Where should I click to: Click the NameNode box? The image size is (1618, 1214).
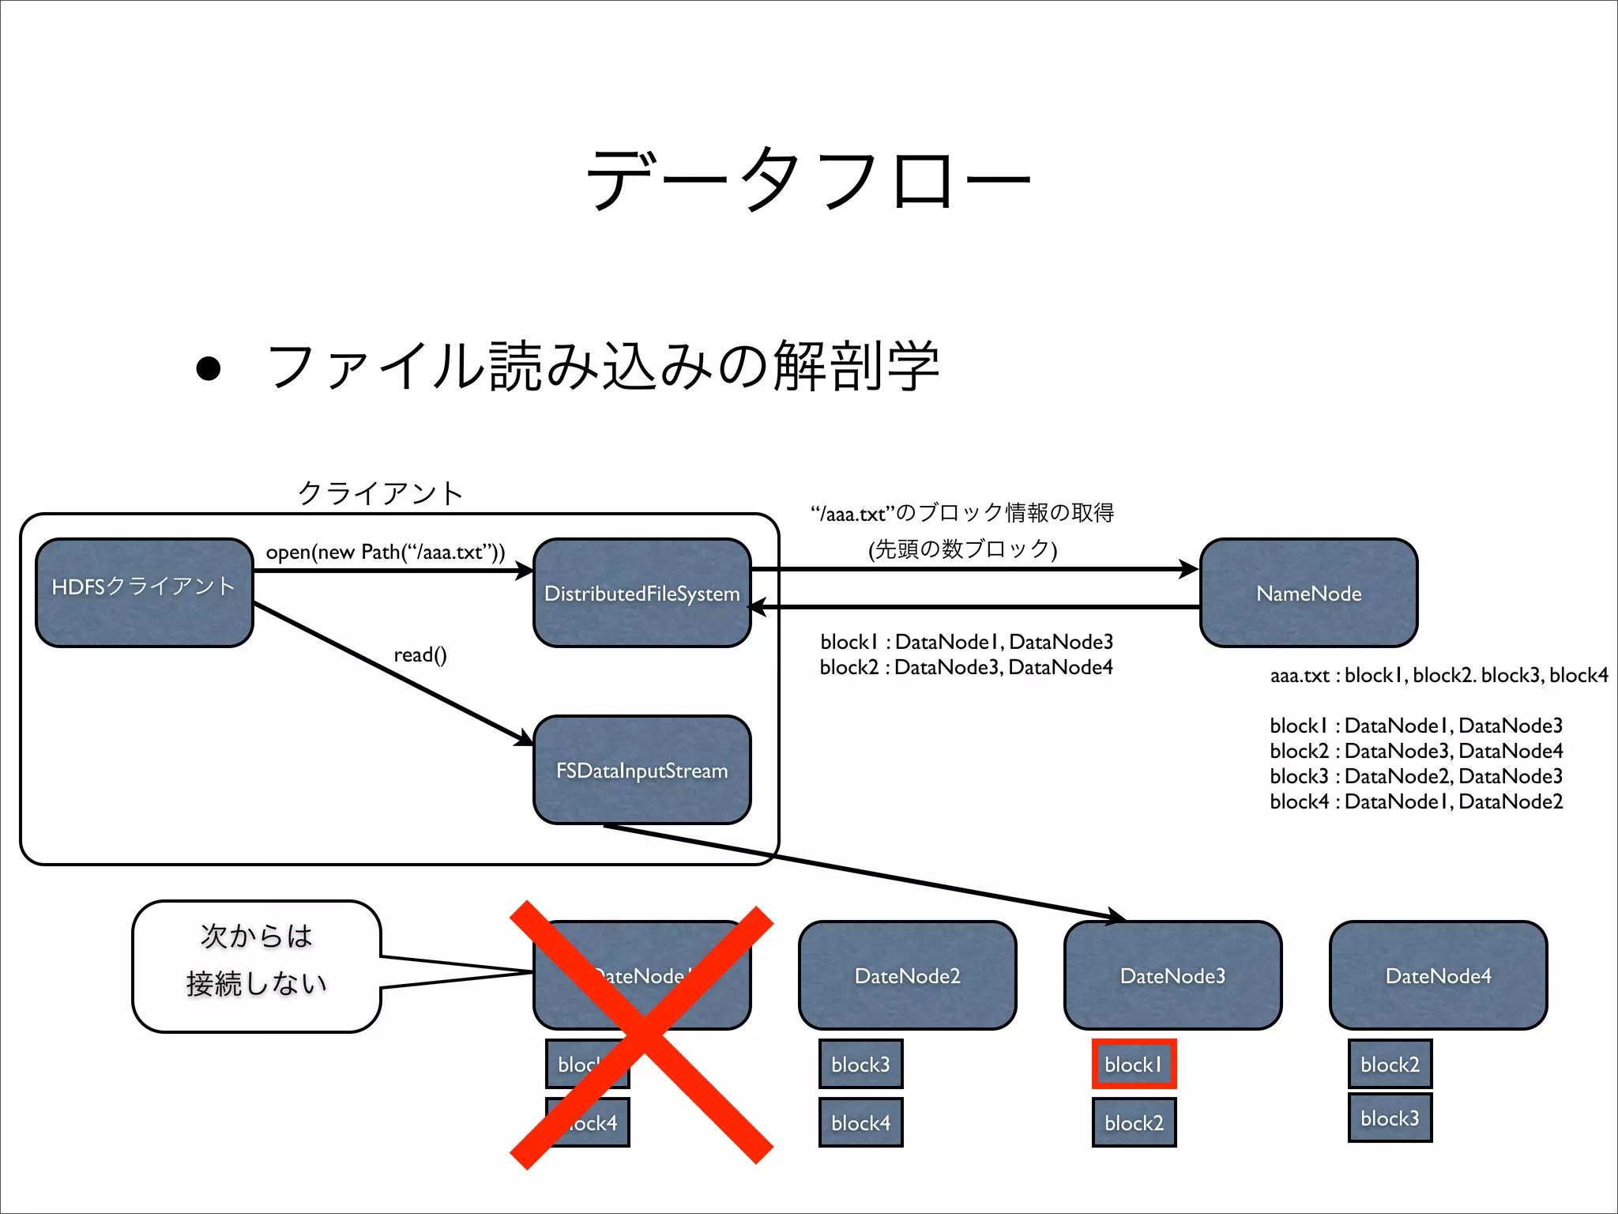(x=1308, y=593)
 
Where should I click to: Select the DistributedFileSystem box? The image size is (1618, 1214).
(x=642, y=593)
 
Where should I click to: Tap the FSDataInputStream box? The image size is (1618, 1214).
(x=642, y=770)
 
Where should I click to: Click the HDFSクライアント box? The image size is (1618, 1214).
(x=144, y=593)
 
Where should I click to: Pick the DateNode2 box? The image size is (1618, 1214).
(x=907, y=975)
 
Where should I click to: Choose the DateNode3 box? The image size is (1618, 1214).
(x=1172, y=975)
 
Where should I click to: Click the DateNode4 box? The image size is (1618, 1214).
(x=1438, y=975)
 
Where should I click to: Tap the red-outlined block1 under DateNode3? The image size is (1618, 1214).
(x=1134, y=1064)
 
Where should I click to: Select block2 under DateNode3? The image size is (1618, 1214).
(x=1134, y=1122)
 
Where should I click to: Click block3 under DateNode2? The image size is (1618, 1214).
(x=860, y=1064)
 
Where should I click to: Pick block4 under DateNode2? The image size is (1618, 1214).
(x=860, y=1122)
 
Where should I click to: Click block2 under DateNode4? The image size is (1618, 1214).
(x=1390, y=1064)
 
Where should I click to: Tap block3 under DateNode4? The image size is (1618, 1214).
(x=1390, y=1118)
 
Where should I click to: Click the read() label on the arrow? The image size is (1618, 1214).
(x=420, y=654)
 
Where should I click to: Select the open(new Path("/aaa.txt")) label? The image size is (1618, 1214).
(x=385, y=552)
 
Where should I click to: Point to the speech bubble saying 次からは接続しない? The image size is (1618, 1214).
(x=256, y=966)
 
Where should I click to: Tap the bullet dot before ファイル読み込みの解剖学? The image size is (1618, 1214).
(x=208, y=368)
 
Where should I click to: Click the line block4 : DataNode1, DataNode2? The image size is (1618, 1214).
(x=1416, y=801)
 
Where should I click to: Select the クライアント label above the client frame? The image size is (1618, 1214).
(x=380, y=493)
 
